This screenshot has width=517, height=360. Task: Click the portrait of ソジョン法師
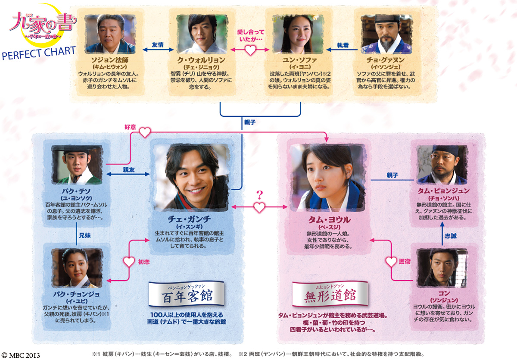[110, 34]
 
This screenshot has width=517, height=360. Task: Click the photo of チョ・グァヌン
[386, 34]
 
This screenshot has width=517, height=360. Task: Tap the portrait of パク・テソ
[77, 165]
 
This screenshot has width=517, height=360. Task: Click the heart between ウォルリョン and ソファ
[250, 50]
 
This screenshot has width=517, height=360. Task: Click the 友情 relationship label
[158, 44]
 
